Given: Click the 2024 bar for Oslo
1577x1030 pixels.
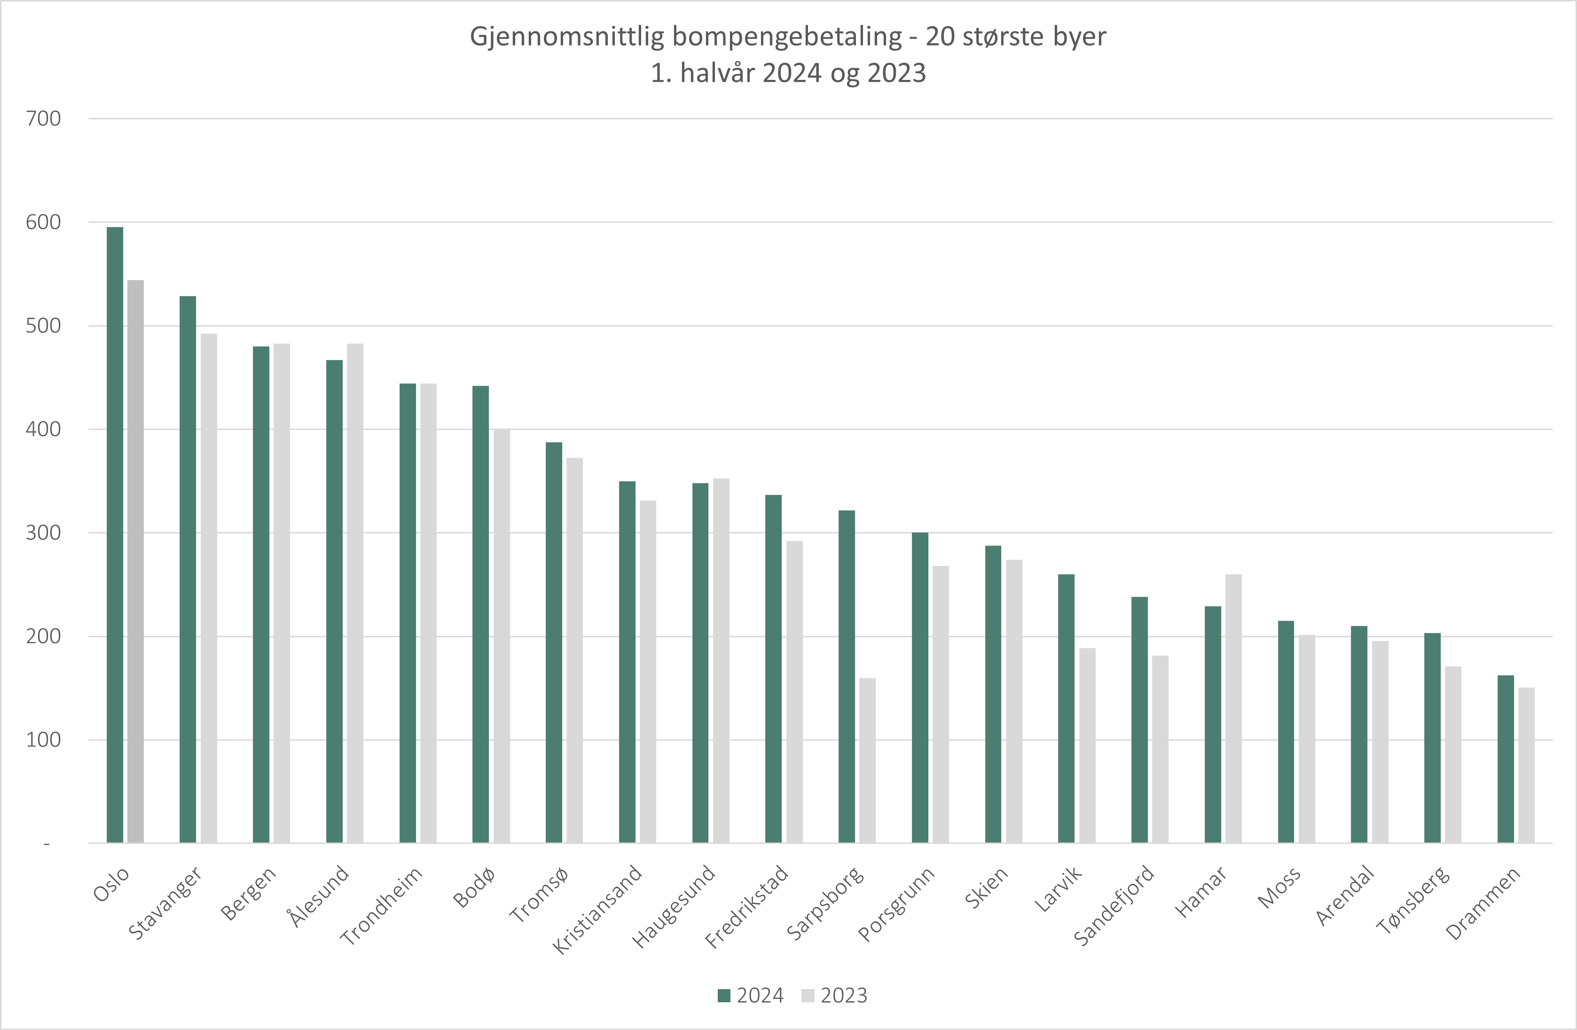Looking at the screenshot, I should (x=115, y=535).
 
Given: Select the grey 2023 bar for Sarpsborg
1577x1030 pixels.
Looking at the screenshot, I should (x=867, y=760).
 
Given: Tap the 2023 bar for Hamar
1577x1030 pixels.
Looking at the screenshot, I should (x=1234, y=708).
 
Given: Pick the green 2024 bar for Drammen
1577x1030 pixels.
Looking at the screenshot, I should (x=1506, y=758).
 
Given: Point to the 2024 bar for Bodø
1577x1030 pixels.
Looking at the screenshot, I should (x=480, y=614).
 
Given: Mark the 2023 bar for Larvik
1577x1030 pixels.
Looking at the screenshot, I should (x=1087, y=745).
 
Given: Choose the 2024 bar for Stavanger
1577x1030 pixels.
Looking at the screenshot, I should (x=188, y=569).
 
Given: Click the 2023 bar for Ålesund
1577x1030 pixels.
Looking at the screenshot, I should (x=355, y=593).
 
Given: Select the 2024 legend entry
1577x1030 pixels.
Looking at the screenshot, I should (x=752, y=996).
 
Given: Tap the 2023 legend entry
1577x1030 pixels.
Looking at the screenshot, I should (x=835, y=996).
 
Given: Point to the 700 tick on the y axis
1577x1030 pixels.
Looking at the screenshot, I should (x=43, y=118).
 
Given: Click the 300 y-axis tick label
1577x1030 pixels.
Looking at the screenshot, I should (x=43, y=532).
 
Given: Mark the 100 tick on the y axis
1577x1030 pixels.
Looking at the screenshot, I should (x=43, y=740).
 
